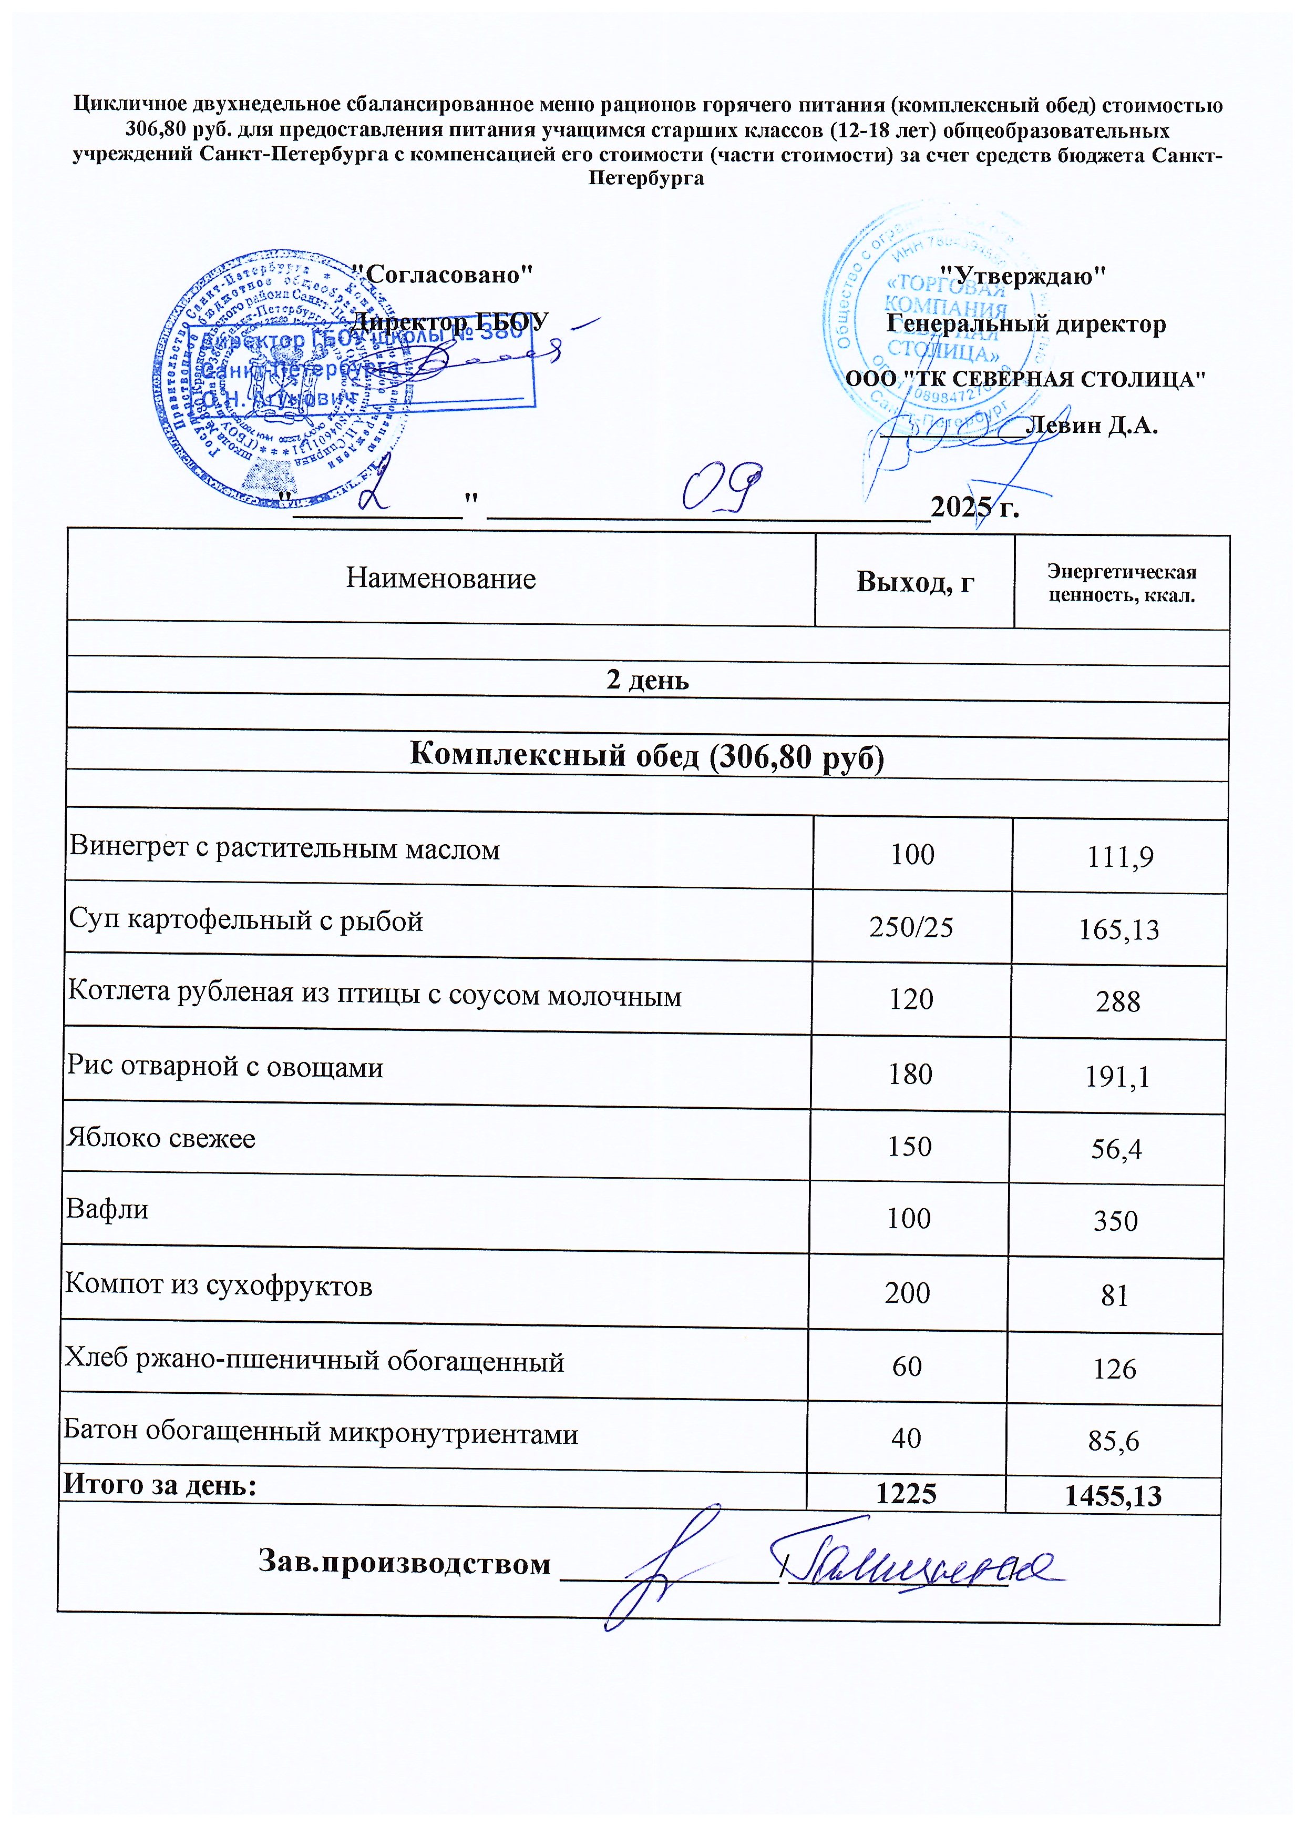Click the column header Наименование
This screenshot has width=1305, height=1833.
click(x=440, y=579)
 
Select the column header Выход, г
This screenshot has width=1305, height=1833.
click(x=914, y=581)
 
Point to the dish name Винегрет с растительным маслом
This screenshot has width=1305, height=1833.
click(x=284, y=849)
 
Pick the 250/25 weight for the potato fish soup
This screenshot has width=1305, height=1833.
click(x=911, y=927)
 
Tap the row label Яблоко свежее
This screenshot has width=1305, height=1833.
click(x=161, y=1138)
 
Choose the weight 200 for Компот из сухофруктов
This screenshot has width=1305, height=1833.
click(x=907, y=1293)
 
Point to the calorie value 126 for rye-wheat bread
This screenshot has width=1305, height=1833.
click(x=1115, y=1369)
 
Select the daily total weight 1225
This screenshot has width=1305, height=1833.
click(x=907, y=1494)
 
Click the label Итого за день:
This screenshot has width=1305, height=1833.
click(x=160, y=1485)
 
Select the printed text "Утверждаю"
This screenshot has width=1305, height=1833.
click(x=1022, y=276)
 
